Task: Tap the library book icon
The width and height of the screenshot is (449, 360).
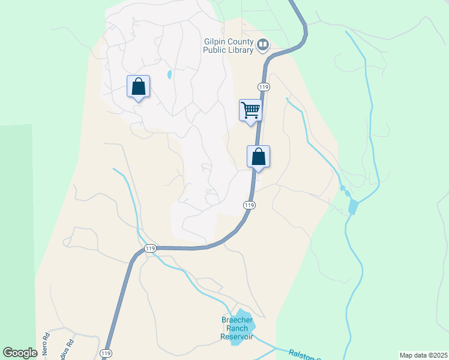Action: (263, 44)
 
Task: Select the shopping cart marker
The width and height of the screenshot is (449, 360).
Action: (250, 110)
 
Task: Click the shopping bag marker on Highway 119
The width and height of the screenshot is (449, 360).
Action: (258, 157)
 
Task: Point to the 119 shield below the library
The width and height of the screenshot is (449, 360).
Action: (264, 87)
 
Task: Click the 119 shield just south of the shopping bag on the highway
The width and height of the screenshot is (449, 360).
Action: (250, 205)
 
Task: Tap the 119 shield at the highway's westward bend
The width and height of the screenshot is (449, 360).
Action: (150, 248)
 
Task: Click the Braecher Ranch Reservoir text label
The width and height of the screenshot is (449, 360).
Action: (237, 328)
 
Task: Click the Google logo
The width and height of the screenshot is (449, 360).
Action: (20, 353)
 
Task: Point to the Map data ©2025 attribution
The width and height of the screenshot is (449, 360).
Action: (423, 355)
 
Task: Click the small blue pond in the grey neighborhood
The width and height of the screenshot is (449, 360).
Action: (169, 75)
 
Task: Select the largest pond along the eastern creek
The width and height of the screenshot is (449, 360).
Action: (353, 207)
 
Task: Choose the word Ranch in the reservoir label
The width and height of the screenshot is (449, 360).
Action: (237, 328)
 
